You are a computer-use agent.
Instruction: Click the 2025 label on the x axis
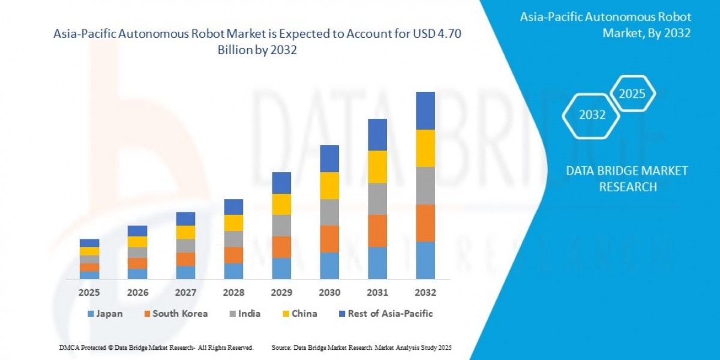click(89, 293)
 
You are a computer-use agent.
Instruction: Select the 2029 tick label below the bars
click(281, 293)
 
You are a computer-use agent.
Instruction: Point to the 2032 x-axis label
click(425, 293)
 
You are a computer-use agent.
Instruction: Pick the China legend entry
click(299, 313)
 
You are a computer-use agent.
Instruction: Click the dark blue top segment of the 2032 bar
click(425, 110)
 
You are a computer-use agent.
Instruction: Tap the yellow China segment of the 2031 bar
click(377, 166)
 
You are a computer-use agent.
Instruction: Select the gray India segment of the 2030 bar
click(329, 212)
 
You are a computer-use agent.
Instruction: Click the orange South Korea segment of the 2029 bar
click(281, 247)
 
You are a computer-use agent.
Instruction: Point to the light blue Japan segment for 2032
click(425, 260)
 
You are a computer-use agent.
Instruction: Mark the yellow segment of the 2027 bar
click(185, 232)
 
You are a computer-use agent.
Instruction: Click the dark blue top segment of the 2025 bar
click(89, 243)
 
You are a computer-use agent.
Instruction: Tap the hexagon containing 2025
click(632, 94)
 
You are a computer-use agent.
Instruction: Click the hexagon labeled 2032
click(592, 115)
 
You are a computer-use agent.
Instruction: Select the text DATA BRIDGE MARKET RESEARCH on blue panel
click(627, 179)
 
